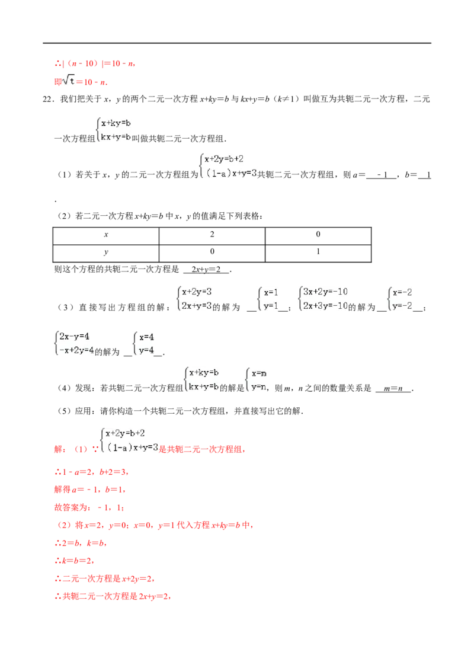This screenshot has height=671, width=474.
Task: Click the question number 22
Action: point(48,99)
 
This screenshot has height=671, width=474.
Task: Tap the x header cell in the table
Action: point(106,236)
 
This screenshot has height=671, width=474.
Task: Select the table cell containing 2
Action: point(212,236)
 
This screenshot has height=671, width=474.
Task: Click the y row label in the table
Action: point(106,253)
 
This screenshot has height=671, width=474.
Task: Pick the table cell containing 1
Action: point(318,253)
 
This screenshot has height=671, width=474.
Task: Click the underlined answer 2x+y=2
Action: point(206,269)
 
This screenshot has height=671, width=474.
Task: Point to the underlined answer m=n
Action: point(393,388)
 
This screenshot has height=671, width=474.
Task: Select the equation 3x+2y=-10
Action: point(325,292)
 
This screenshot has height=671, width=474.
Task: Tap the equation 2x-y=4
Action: point(74,336)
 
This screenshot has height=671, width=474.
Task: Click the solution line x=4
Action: point(146,337)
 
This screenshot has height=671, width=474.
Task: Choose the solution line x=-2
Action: point(402,292)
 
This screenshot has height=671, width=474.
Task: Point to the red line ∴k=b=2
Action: point(75,561)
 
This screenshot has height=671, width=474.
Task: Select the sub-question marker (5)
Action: point(64,411)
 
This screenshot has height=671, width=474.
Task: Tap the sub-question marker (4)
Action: point(64,388)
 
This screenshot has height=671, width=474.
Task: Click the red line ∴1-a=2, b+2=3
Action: point(92,472)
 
